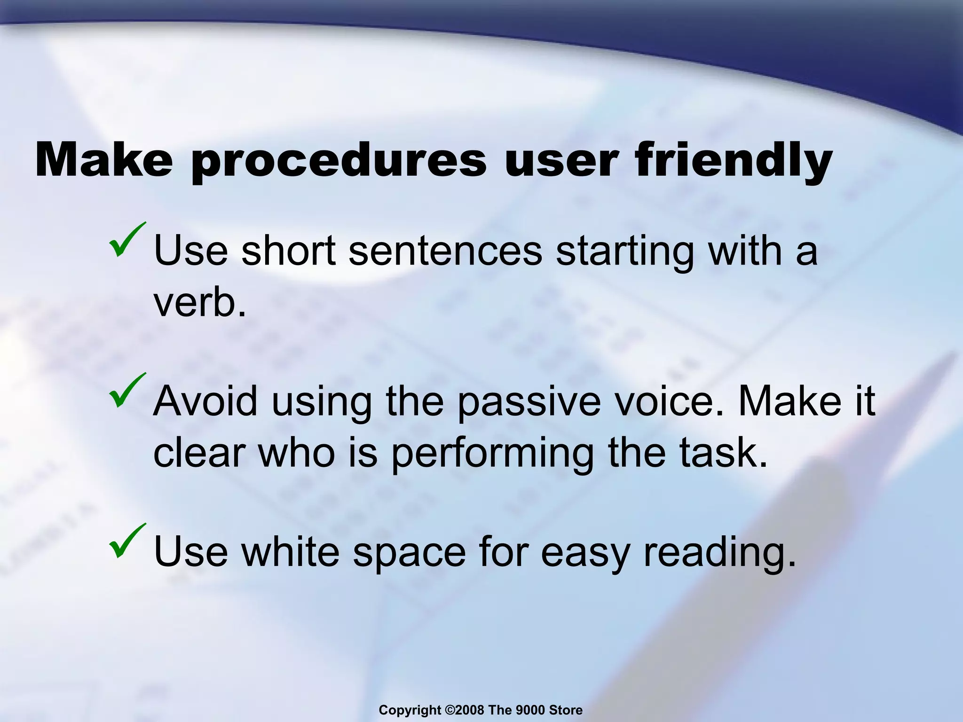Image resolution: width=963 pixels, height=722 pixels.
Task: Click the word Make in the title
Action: [x=104, y=160]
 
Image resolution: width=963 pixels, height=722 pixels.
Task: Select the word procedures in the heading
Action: [x=339, y=162]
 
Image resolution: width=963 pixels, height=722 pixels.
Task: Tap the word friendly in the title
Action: [x=734, y=162]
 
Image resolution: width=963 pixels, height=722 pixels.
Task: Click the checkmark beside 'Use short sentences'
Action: [x=126, y=240]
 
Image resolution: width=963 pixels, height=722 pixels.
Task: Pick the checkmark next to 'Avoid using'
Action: [x=126, y=391]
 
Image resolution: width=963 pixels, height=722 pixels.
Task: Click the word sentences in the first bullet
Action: [x=445, y=251]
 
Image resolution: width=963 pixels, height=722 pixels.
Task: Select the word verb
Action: [x=200, y=303]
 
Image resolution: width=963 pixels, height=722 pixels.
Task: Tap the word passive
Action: [x=529, y=402]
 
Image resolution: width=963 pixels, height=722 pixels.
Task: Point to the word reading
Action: [x=719, y=553]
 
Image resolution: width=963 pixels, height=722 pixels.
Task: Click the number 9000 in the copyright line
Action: [x=531, y=710]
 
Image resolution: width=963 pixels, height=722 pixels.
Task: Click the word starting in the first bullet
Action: [x=625, y=252]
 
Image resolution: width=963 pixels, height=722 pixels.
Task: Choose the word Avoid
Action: [x=205, y=401]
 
